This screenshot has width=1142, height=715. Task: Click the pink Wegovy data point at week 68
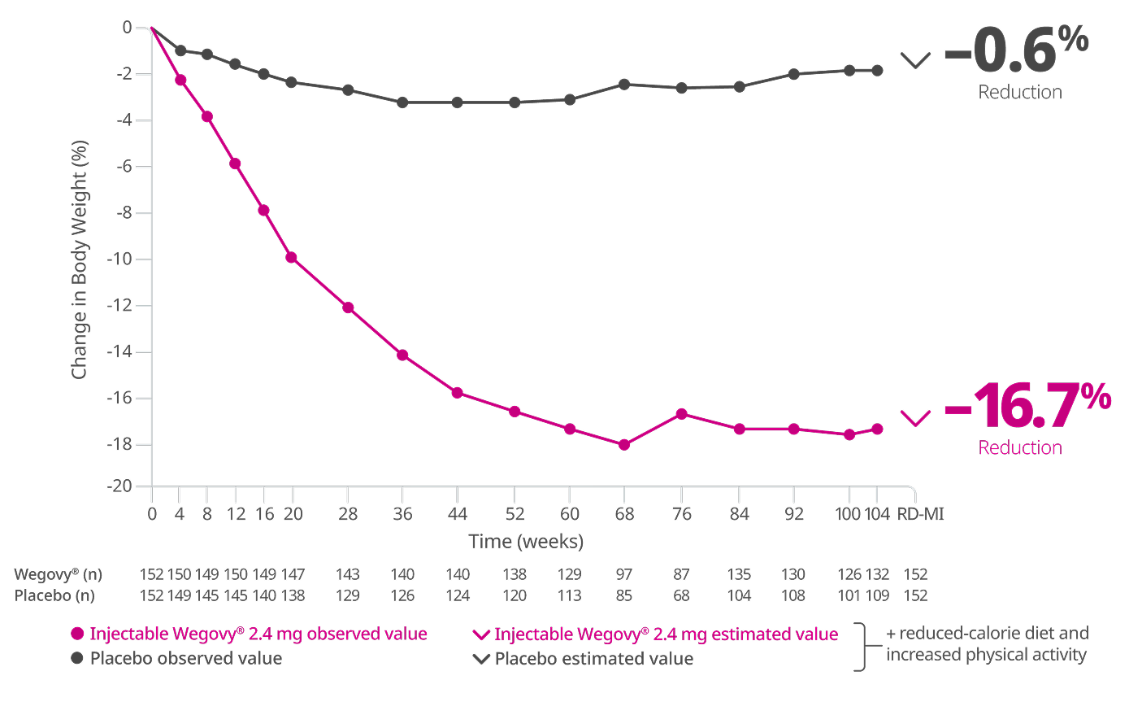point(624,445)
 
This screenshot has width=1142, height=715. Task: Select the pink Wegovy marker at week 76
point(682,414)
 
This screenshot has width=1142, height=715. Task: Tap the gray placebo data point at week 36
point(402,102)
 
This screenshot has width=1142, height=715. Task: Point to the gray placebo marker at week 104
point(877,71)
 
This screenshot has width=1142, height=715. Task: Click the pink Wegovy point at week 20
point(291,258)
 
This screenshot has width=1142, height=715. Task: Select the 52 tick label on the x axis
point(515,514)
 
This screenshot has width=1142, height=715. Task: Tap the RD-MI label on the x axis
point(920,514)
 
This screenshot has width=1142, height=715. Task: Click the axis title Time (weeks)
point(526,542)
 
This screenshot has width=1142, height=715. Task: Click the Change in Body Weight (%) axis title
point(79,259)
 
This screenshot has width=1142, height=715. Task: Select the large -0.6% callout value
point(1016,50)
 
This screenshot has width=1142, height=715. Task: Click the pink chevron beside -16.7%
point(915,418)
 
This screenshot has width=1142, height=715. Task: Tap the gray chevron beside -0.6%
point(915,60)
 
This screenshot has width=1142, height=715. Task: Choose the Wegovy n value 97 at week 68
point(624,574)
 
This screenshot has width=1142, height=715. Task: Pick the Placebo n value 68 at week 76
point(681,595)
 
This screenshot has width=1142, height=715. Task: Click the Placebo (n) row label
point(54,595)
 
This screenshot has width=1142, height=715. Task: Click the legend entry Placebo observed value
point(185,659)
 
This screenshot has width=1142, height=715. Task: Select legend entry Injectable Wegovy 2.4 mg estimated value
point(666,634)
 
